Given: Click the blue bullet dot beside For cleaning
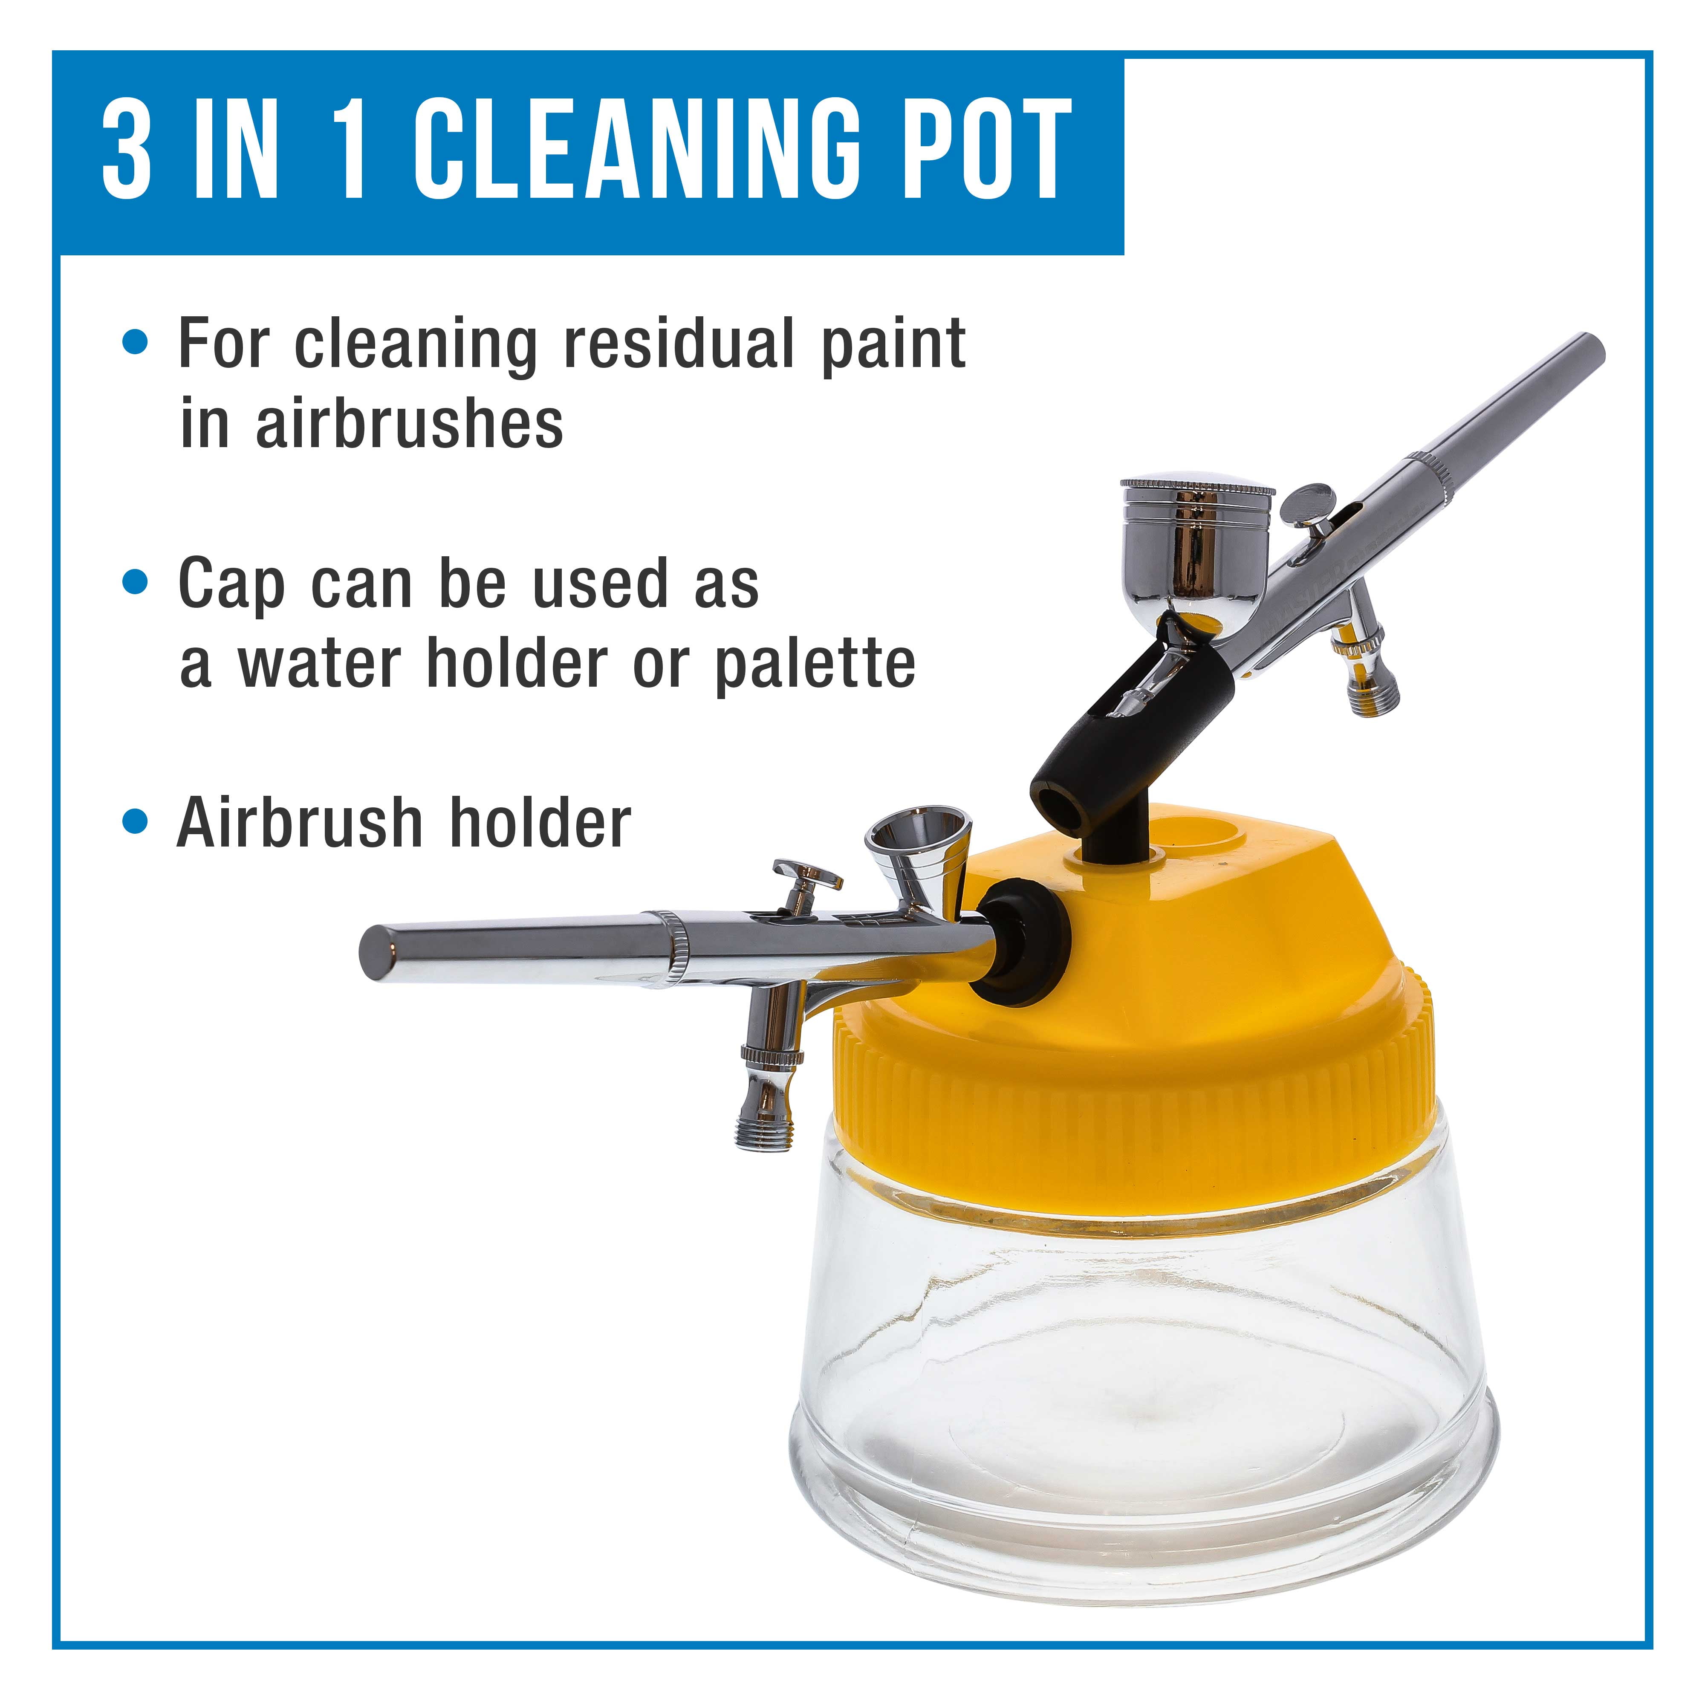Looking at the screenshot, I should click(x=135, y=342).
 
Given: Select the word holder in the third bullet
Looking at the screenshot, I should click(x=540, y=823).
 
